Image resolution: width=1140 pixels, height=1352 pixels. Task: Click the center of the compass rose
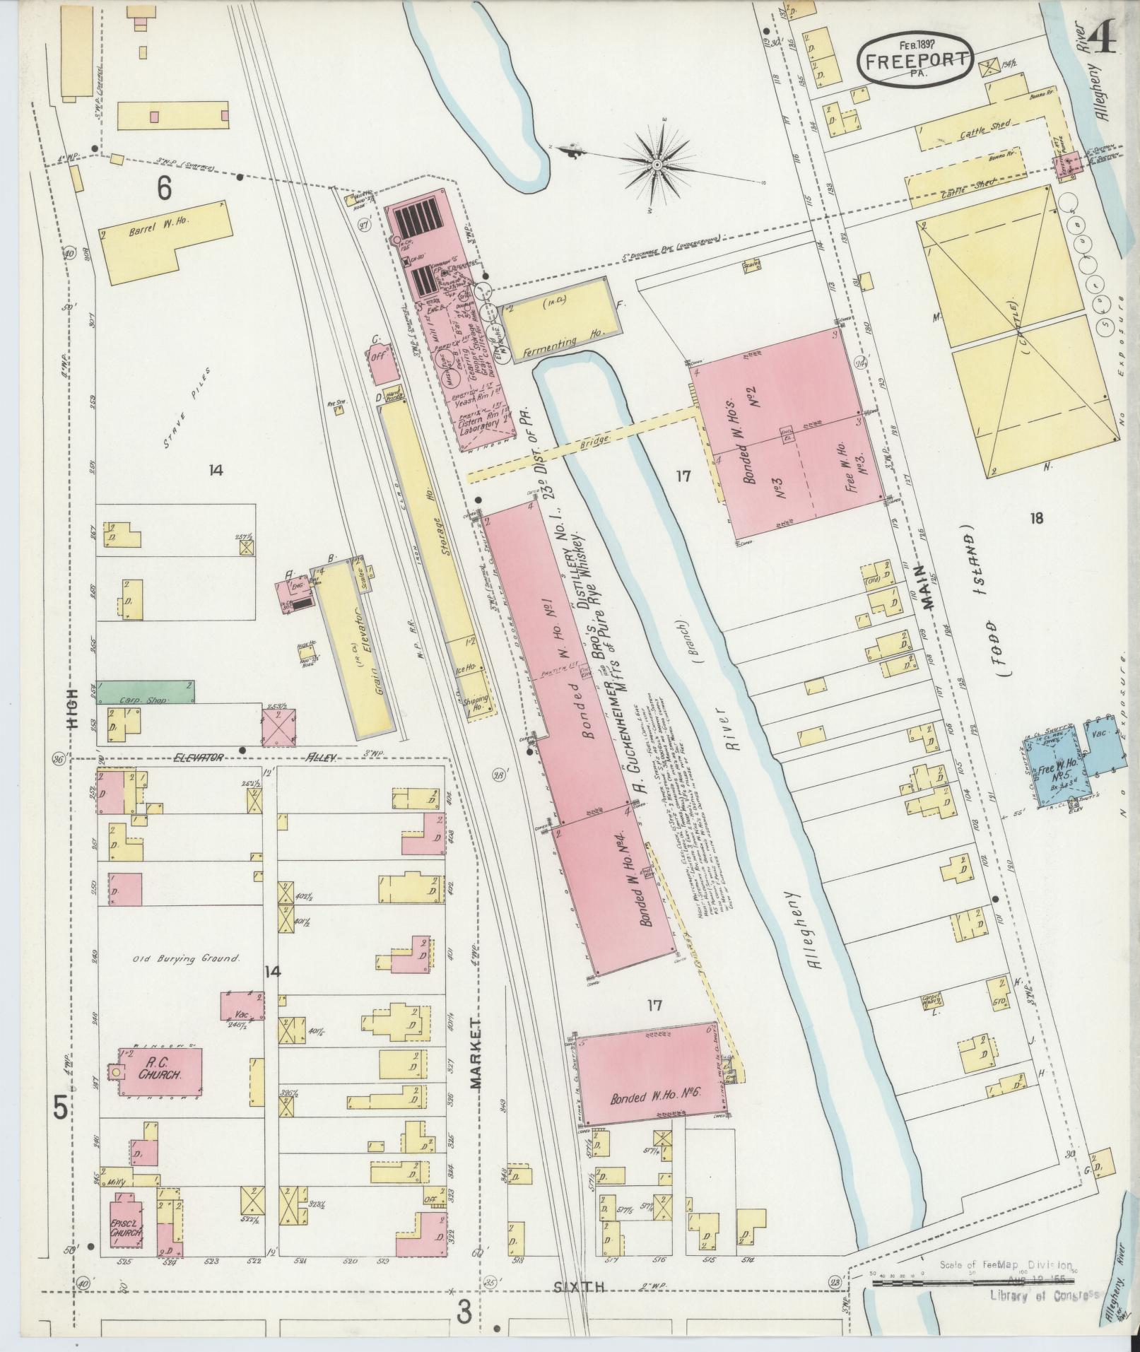657,165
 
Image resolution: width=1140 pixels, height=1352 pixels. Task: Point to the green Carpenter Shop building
146,692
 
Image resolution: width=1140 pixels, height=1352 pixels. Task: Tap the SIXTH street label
584,1287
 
